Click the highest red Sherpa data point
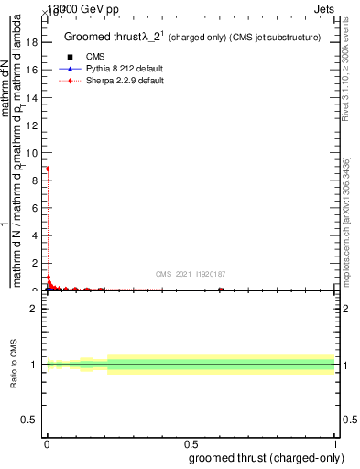coord(48,169)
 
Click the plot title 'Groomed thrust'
coord(101,38)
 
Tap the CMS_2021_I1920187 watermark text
coord(191,273)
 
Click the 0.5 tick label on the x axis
coord(191,444)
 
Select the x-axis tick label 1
coord(334,444)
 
